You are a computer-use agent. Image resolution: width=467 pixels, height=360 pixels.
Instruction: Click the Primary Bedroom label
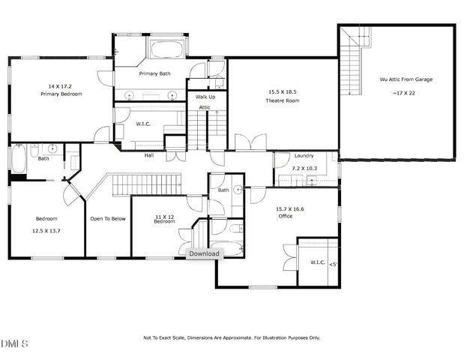pyautogui.click(x=61, y=94)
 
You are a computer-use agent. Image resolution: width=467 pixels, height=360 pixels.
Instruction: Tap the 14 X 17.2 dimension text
pyautogui.click(x=61, y=87)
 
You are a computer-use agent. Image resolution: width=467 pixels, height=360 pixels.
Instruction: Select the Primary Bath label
pyautogui.click(x=155, y=74)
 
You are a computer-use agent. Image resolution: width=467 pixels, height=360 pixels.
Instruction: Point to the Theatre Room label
pyautogui.click(x=283, y=100)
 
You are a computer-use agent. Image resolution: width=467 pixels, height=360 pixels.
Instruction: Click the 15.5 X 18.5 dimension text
pyautogui.click(x=283, y=92)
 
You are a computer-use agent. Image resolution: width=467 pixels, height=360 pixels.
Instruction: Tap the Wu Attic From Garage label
pyautogui.click(x=407, y=79)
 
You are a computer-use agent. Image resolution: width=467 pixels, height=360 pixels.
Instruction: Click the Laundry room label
pyautogui.click(x=304, y=155)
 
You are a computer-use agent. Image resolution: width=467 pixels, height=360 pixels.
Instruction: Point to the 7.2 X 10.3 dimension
pyautogui.click(x=305, y=169)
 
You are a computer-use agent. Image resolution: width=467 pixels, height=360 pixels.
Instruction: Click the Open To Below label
pyautogui.click(x=107, y=219)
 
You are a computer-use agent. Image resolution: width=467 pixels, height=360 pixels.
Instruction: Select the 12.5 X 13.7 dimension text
pyautogui.click(x=46, y=230)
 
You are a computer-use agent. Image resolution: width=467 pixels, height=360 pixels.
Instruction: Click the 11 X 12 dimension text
pyautogui.click(x=164, y=216)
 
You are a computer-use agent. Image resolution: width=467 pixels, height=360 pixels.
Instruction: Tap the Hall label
pyautogui.click(x=149, y=155)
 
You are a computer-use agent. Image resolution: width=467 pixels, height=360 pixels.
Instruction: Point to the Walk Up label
pyautogui.click(x=205, y=97)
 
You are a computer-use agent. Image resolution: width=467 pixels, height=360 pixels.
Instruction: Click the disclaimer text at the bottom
pyautogui.click(x=232, y=337)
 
